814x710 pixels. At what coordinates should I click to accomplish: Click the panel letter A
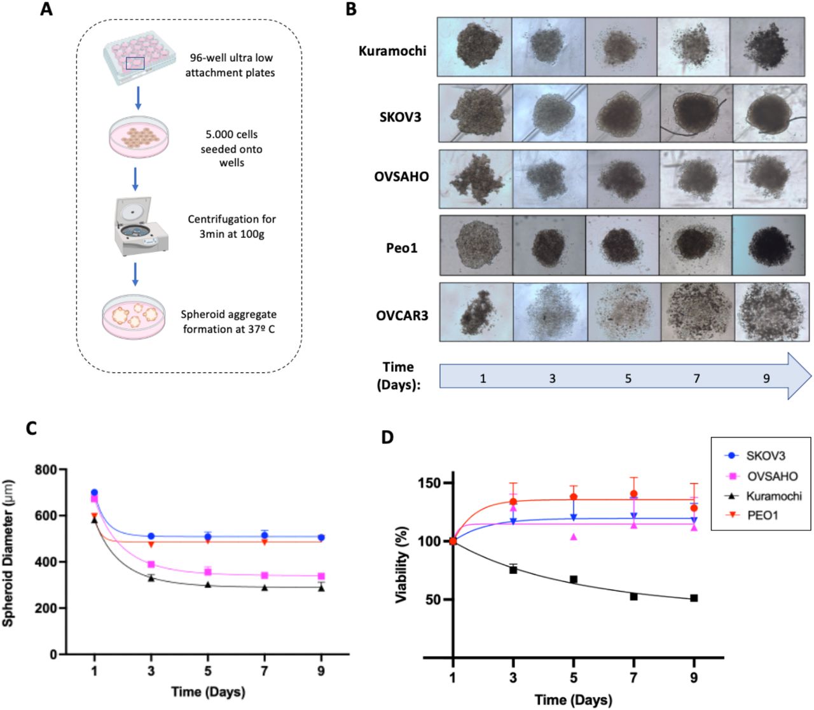[x=46, y=10]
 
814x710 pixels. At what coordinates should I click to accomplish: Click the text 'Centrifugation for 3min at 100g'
[x=231, y=226]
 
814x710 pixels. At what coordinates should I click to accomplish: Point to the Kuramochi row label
[x=392, y=51]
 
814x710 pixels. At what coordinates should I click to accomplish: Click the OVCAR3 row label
[x=402, y=315]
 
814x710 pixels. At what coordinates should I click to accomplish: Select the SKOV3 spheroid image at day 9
[x=769, y=113]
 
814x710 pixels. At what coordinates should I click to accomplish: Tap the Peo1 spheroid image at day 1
[x=476, y=246]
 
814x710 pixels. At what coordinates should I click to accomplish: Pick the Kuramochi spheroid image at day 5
[x=621, y=47]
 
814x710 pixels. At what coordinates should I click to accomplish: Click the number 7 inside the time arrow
[x=697, y=379]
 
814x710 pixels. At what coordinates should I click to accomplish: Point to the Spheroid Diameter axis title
[x=8, y=553]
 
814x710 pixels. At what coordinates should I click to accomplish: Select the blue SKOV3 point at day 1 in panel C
[x=94, y=493]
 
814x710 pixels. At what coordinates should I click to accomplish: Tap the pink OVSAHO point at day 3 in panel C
[x=151, y=564]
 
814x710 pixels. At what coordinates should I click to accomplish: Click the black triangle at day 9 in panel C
[x=321, y=588]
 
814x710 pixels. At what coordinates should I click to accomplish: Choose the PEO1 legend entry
[x=761, y=515]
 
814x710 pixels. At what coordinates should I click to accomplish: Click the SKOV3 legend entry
[x=761, y=456]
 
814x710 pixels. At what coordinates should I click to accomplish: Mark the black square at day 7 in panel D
[x=633, y=596]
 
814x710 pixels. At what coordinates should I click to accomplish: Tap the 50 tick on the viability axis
[x=432, y=599]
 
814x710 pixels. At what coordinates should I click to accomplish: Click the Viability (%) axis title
[x=401, y=565]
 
